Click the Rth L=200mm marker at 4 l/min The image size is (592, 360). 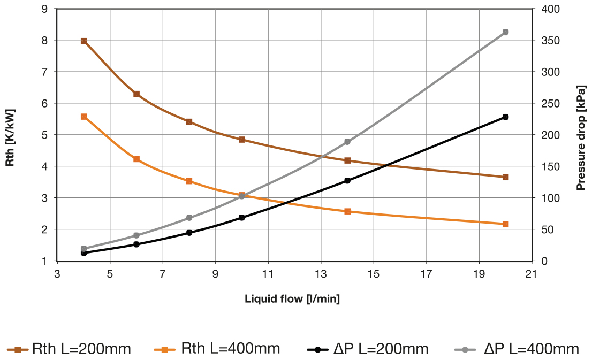coord(84,41)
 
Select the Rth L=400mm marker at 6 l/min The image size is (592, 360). coord(136,159)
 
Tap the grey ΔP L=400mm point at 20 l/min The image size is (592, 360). coord(505,32)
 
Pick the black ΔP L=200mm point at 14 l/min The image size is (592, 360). coord(347,181)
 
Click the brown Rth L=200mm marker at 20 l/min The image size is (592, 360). coord(505,177)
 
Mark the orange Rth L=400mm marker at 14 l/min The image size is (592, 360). coord(347,211)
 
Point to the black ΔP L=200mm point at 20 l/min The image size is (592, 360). coord(505,117)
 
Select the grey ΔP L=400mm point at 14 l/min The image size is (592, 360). coord(347,142)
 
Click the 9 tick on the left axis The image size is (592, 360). coord(44,9)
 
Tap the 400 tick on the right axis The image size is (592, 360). coord(548,9)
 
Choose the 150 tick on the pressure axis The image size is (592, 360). coord(548,166)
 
